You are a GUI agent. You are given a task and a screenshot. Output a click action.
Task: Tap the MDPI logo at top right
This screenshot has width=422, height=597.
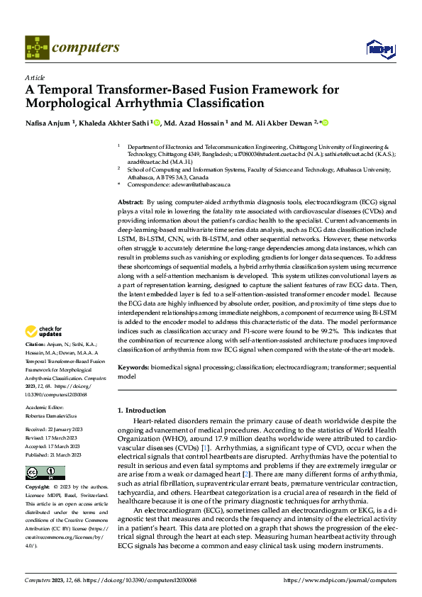click(x=379, y=48)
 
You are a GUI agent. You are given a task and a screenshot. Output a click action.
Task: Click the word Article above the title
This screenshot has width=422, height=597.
click(x=35, y=78)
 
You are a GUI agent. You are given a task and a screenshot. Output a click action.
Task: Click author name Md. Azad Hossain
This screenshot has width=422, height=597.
click(x=194, y=123)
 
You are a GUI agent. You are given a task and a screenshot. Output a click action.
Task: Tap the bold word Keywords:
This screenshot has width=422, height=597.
click(x=133, y=369)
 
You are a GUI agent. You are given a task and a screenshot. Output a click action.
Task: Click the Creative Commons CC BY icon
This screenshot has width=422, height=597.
click(x=36, y=473)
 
